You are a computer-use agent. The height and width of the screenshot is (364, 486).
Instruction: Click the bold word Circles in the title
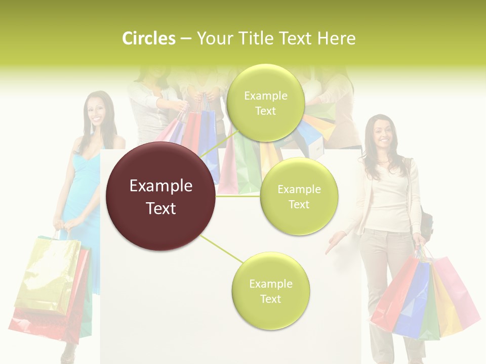click(149, 38)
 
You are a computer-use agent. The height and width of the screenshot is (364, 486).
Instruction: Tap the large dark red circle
click(161, 196)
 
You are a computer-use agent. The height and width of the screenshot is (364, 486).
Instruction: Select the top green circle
click(265, 103)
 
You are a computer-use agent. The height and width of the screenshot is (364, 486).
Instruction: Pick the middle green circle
click(299, 196)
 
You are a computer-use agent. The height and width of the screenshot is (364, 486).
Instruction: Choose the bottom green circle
click(270, 291)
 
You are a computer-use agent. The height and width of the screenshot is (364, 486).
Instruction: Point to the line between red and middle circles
click(238, 196)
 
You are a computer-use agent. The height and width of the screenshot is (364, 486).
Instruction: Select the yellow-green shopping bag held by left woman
click(48, 273)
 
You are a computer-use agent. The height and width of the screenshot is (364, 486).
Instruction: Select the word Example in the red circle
click(161, 186)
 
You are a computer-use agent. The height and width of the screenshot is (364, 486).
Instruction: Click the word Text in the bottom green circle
click(270, 299)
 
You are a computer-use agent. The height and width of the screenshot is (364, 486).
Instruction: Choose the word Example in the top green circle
click(265, 96)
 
